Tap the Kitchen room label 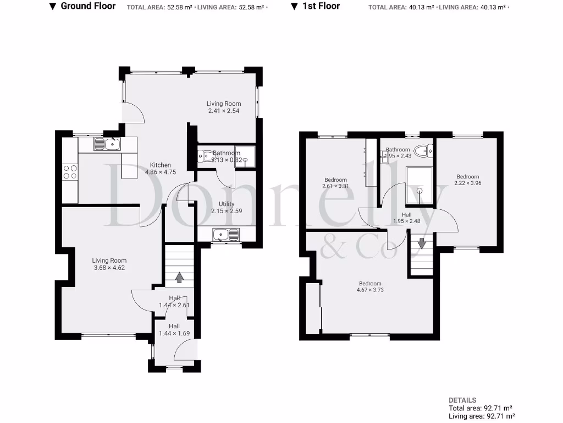161,165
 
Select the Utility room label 227,204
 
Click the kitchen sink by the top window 107,144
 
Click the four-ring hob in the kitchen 70,172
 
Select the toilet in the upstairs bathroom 423,151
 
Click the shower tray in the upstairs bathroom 420,186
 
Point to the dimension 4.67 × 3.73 369,290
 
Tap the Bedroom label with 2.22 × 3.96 467,177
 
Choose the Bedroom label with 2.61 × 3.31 335,180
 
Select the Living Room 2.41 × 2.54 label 224,104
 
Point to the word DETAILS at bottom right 462,400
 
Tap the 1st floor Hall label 406,215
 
